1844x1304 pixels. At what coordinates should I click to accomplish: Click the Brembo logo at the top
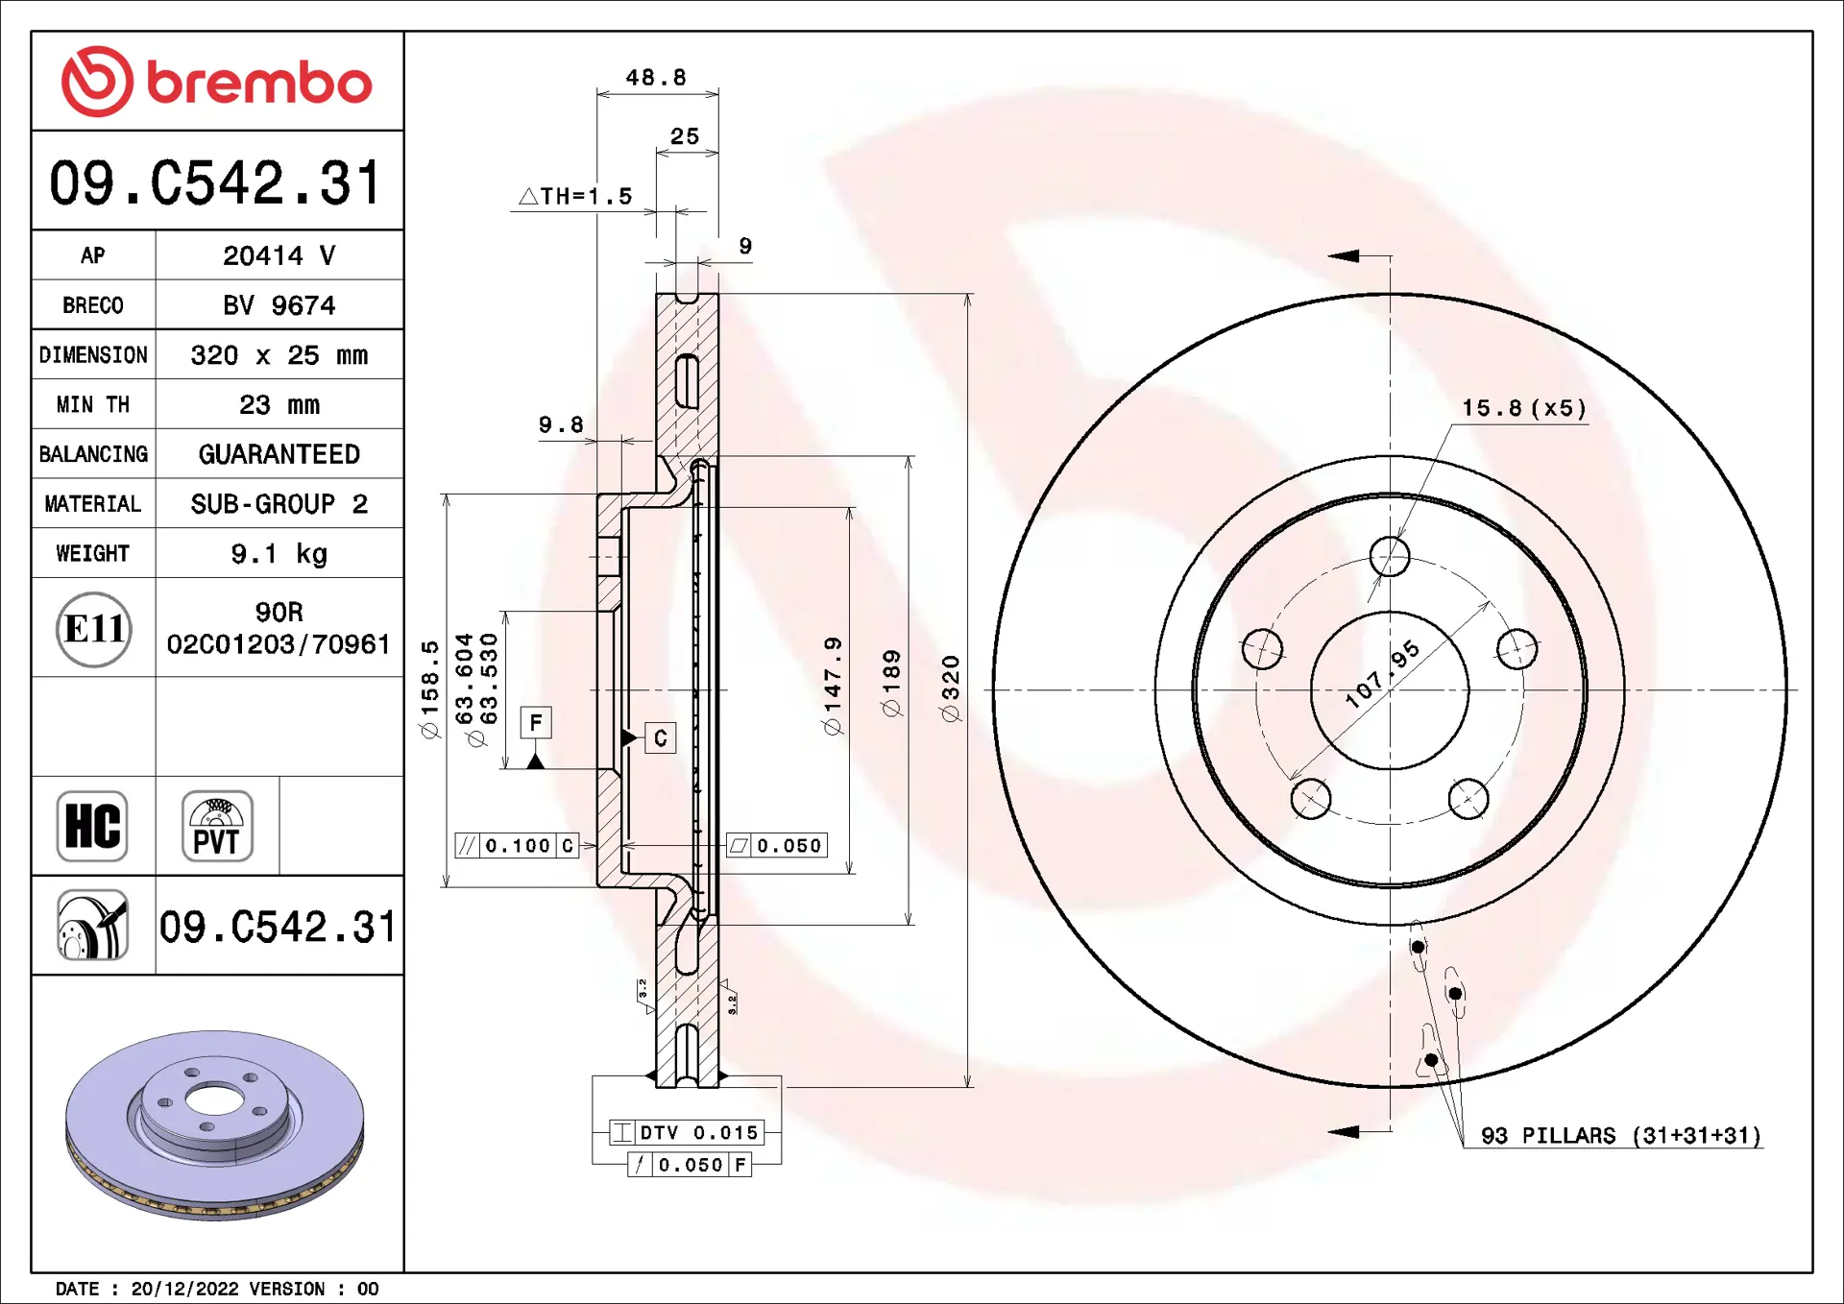[217, 82]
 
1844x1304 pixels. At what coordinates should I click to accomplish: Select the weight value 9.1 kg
[279, 554]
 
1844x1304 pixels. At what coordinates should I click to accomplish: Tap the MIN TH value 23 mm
[279, 404]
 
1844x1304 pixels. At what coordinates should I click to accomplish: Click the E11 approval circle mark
[93, 629]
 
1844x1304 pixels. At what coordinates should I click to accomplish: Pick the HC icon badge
[92, 826]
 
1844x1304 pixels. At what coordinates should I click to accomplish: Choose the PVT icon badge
[217, 826]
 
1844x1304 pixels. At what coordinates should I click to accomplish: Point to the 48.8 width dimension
[656, 77]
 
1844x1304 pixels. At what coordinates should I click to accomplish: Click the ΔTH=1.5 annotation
[575, 196]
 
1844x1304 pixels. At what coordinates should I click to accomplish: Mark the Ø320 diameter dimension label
[951, 688]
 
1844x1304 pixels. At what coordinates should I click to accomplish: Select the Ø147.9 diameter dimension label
[833, 686]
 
